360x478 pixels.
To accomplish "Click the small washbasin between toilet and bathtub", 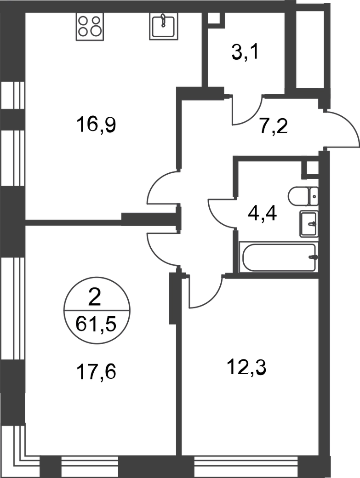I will coord(309,225).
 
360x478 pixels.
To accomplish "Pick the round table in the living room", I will coord(96,310).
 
